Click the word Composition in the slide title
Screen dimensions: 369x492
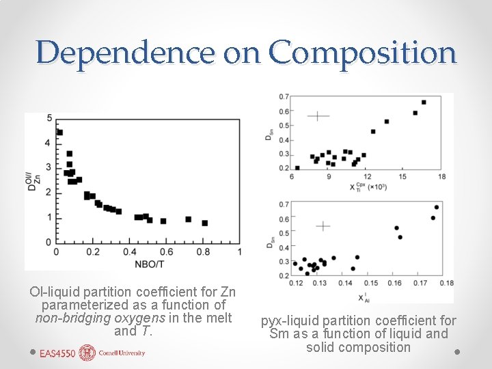click(362, 52)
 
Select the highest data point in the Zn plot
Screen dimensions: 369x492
click(59, 133)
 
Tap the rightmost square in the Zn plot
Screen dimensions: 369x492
click(204, 223)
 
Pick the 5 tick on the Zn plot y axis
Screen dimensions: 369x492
click(49, 118)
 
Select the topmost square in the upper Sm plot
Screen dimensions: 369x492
click(424, 102)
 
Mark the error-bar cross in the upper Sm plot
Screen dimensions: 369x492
click(318, 116)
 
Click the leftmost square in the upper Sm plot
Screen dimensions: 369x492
click(297, 167)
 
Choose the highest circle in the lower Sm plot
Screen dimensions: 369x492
click(437, 207)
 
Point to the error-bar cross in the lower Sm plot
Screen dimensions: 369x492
click(323, 225)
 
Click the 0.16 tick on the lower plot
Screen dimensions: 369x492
click(395, 284)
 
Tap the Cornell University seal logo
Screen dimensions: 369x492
click(87, 353)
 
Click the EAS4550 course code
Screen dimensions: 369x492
click(58, 353)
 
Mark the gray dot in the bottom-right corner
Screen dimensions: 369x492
click(457, 353)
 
